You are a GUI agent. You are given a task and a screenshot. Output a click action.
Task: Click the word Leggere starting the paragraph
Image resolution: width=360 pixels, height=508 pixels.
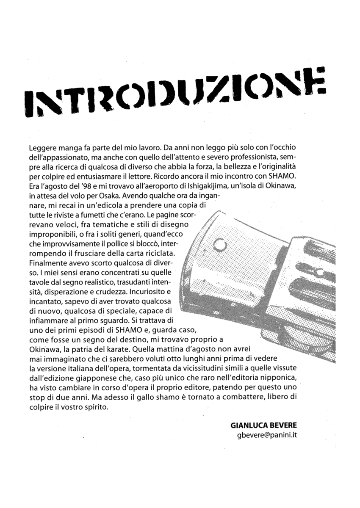(x=42, y=149)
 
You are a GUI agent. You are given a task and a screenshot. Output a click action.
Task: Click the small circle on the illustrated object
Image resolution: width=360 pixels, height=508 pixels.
(x=220, y=244)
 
